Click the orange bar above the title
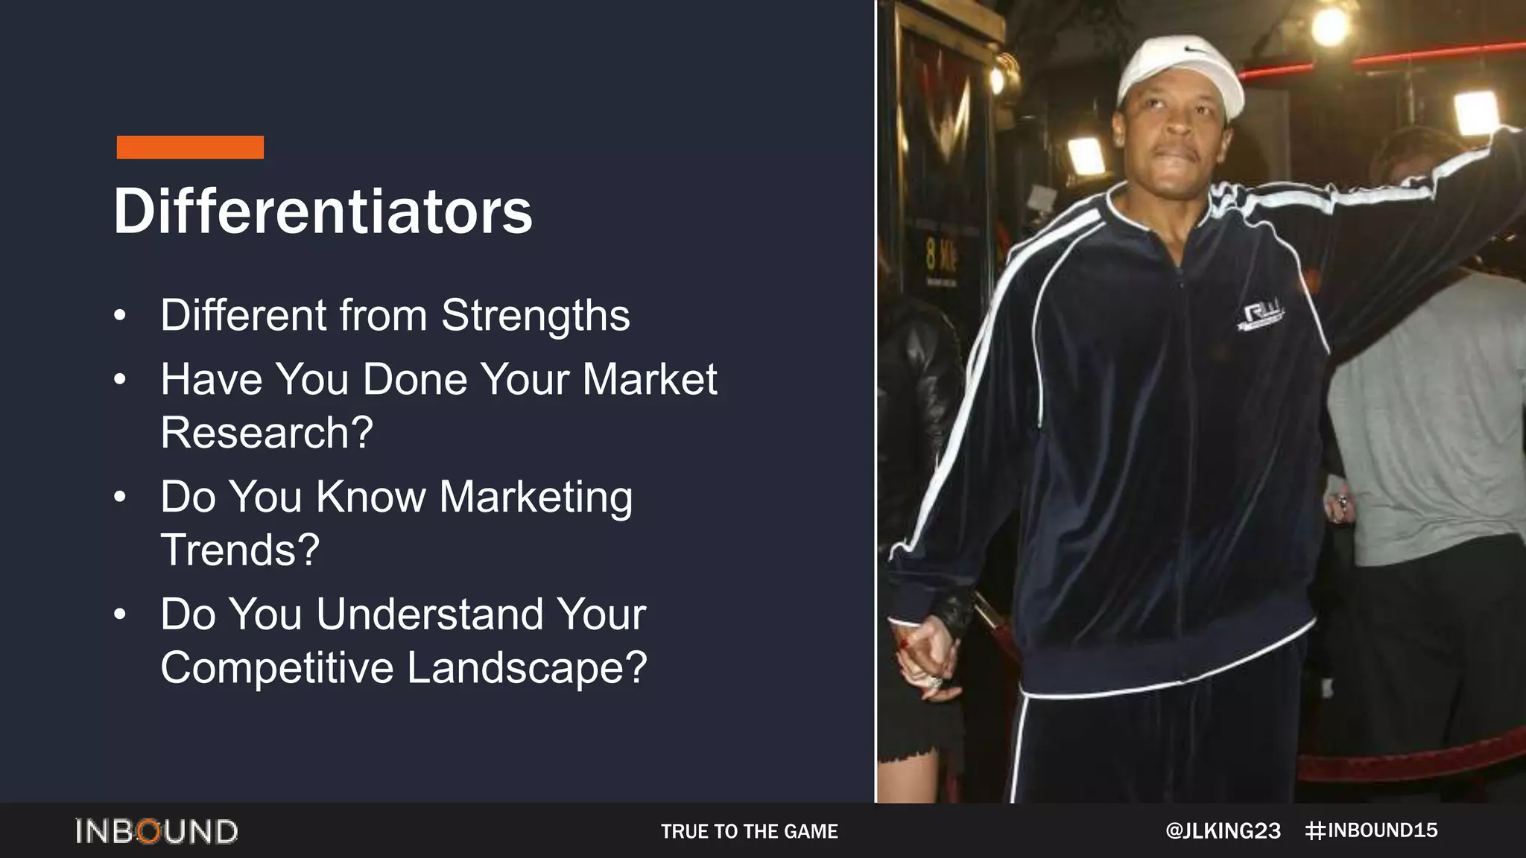click(x=190, y=147)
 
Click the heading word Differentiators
click(x=323, y=211)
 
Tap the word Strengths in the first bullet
click(x=535, y=316)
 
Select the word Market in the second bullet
click(x=649, y=379)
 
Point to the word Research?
click(x=266, y=433)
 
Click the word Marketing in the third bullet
click(x=536, y=497)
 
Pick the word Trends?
click(x=240, y=550)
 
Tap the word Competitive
click(x=276, y=667)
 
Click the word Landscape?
click(x=527, y=667)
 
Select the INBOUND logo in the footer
click(x=156, y=831)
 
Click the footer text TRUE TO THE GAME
click(x=749, y=831)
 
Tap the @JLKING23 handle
click(x=1223, y=831)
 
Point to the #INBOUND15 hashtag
click(x=1372, y=830)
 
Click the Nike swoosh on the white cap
click(x=1195, y=50)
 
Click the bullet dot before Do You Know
click(x=120, y=497)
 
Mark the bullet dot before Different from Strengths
click(x=120, y=316)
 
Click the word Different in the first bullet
click(x=243, y=316)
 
